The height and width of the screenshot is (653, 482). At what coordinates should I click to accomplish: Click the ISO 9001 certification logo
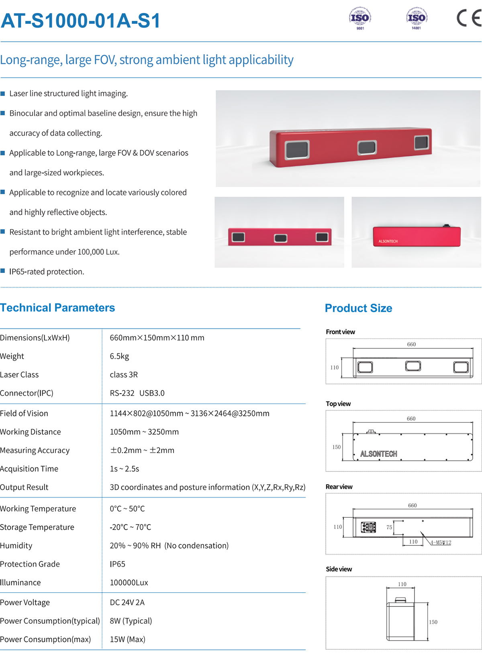360,18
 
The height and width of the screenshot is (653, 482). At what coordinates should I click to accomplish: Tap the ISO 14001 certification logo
417,18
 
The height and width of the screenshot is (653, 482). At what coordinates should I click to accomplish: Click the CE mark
469,18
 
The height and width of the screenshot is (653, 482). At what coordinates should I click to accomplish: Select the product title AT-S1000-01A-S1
80,21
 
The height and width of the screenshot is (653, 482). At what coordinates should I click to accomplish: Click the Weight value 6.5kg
119,356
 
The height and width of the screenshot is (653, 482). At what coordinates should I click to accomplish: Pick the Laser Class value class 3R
124,375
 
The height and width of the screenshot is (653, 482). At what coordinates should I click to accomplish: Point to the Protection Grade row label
30,564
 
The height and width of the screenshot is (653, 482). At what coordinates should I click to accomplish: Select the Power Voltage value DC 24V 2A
127,602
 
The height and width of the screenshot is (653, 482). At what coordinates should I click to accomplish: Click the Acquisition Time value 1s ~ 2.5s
125,469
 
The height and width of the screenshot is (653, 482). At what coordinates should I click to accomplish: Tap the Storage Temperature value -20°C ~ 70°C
130,527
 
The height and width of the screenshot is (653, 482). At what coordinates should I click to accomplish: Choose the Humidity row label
16,546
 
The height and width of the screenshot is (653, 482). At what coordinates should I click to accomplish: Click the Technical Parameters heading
57,308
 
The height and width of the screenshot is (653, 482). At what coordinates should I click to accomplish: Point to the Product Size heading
358,308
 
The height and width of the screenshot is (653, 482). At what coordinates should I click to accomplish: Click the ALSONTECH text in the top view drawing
378,454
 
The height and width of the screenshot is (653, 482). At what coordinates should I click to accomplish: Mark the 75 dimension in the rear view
389,527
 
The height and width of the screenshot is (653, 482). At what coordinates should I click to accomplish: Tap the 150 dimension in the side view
433,622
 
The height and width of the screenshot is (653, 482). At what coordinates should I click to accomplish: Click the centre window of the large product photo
367,147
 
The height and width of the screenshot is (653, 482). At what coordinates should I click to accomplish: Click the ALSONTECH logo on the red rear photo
388,241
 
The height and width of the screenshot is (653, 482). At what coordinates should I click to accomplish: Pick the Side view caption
339,569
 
